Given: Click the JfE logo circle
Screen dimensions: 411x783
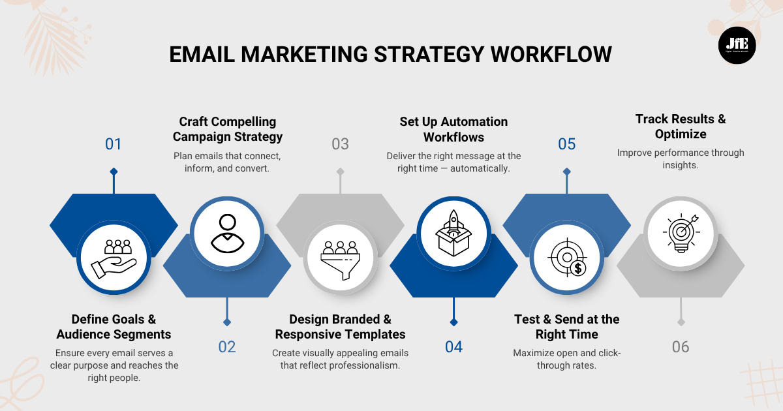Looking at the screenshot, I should click(737, 45).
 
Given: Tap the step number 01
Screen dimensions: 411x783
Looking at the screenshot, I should click(114, 144).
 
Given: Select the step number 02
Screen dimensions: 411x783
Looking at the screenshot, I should click(227, 346).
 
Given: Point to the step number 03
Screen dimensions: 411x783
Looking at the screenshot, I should click(340, 144).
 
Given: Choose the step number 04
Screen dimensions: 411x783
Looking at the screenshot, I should click(453, 346).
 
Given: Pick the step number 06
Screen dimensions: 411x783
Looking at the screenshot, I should click(681, 346).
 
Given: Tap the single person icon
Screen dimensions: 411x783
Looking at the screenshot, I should click(226, 233).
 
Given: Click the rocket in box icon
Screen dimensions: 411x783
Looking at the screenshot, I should click(453, 233).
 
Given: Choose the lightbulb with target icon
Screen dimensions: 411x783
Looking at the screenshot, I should click(681, 233).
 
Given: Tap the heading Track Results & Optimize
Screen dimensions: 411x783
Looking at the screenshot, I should click(681, 127).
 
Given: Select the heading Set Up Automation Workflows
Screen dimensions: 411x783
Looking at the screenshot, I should click(453, 129).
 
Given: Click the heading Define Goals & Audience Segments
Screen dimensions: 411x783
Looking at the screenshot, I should click(114, 327).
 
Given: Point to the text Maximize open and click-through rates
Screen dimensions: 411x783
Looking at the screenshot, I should click(566, 359).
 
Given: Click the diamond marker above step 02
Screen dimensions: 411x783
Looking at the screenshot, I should click(227, 322).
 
